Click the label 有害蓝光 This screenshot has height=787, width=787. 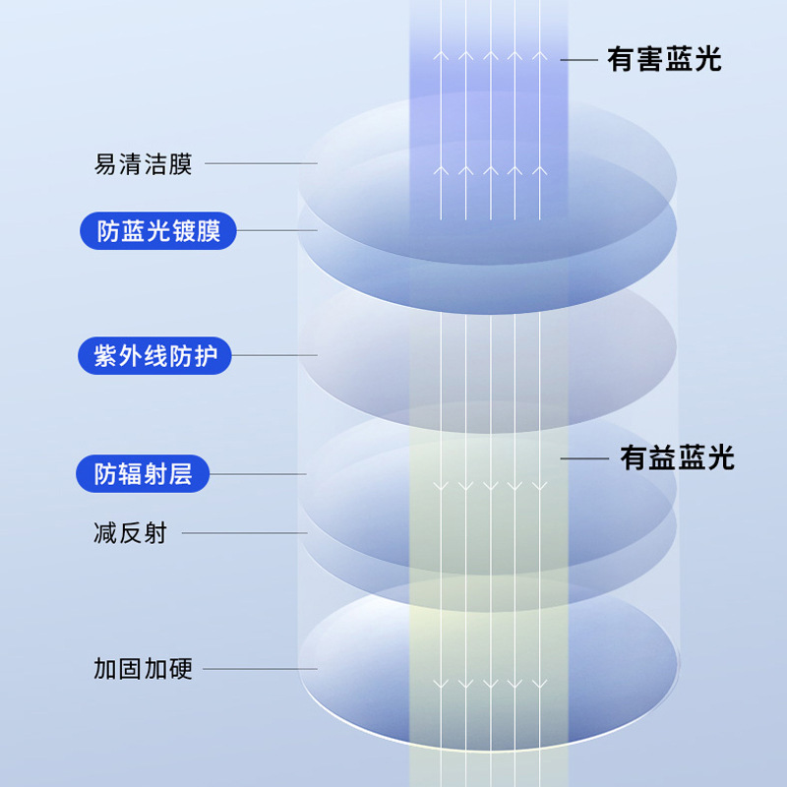click(664, 60)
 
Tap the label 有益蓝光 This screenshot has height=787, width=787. click(677, 457)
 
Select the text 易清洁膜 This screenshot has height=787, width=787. click(143, 164)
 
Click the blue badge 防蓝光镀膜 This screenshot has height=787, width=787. click(157, 232)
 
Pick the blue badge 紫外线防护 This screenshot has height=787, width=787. click(154, 355)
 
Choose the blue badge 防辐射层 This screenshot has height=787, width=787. click(143, 474)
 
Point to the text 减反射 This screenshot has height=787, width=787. click(130, 534)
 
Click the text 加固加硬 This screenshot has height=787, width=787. click(143, 670)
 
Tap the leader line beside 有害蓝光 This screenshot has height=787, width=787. click(578, 61)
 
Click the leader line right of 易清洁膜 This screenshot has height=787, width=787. click(260, 164)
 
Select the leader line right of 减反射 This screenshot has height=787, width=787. click(244, 534)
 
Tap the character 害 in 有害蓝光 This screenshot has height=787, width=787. click(649, 60)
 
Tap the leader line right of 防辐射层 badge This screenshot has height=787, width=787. click(259, 474)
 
